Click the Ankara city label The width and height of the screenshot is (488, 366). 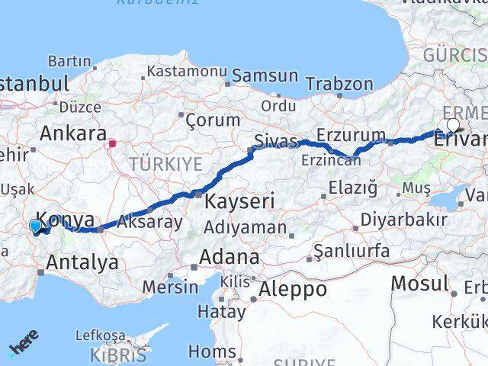coord(72,134)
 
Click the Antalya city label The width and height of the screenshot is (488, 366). coord(82,263)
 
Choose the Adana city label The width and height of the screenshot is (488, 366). coord(229,257)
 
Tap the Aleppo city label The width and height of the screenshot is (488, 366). coord(293,290)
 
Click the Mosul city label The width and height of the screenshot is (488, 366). coord(419,284)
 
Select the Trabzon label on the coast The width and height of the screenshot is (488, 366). coord(346,85)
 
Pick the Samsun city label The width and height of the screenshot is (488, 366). coord(265,75)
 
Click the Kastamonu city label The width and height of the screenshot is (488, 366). coord(188,71)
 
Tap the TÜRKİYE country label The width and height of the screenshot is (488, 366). coord(165,163)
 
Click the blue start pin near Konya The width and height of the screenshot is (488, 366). coord(35,226)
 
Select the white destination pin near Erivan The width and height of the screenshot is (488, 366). coord(454,126)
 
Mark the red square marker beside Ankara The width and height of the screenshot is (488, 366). coord(112,143)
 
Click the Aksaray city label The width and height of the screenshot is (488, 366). coord(149,223)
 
